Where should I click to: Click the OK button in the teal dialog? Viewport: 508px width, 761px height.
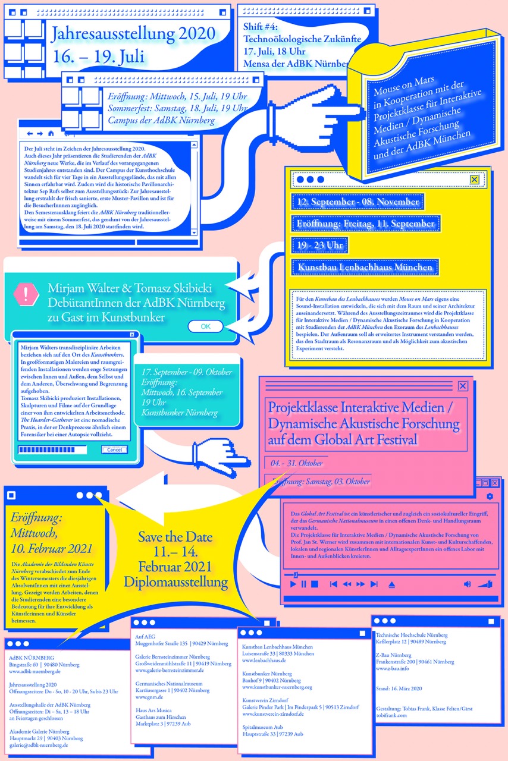[x=205, y=326]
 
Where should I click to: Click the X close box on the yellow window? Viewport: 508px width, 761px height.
[x=474, y=180]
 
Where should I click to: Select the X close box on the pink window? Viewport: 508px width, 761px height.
[x=463, y=386]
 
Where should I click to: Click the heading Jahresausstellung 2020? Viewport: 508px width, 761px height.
[x=133, y=34]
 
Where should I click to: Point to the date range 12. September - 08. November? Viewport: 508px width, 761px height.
[x=358, y=202]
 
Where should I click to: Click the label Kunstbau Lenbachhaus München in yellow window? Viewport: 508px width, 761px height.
[x=365, y=267]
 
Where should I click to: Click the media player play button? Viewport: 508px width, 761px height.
[x=293, y=584]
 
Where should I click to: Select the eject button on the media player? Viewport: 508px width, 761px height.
[x=391, y=584]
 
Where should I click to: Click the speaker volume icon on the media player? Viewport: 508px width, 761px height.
[x=467, y=584]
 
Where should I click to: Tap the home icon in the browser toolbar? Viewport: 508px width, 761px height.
[x=51, y=133]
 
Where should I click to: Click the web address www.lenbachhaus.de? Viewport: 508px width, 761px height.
[x=265, y=661]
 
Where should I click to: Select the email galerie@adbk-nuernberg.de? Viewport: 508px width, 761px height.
[x=38, y=745]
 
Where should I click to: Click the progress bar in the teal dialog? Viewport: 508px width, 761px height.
[x=52, y=449]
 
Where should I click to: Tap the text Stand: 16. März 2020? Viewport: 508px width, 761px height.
[x=399, y=688]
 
